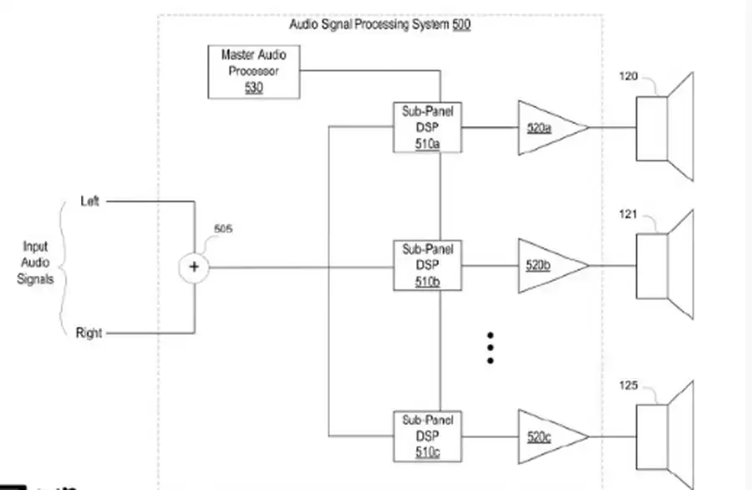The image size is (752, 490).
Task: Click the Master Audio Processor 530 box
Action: pos(254,71)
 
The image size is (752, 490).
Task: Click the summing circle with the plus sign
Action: pos(194,267)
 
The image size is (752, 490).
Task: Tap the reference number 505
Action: pos(224,228)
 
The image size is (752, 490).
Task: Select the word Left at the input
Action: pos(89,201)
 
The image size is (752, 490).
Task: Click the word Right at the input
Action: pos(89,333)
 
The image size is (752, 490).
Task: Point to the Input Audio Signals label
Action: pos(35,263)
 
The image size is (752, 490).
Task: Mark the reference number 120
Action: pos(628,77)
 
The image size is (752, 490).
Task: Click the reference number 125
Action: pos(628,385)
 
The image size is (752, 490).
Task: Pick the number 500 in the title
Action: pos(461,25)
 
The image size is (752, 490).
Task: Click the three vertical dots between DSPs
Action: pos(490,347)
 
